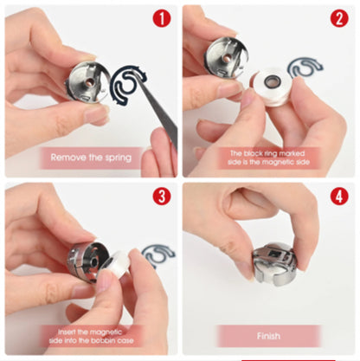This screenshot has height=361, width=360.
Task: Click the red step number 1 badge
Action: click(162, 18)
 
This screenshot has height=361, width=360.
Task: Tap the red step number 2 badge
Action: click(339, 18)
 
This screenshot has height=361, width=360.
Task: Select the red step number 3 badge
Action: click(162, 196)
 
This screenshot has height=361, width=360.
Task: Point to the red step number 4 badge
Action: click(339, 196)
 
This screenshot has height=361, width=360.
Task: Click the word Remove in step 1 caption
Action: click(68, 158)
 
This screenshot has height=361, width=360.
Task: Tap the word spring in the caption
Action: click(118, 158)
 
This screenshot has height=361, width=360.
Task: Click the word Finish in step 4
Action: click(268, 336)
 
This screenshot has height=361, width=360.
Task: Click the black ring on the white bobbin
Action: click(272, 81)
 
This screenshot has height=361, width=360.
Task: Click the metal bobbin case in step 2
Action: click(223, 58)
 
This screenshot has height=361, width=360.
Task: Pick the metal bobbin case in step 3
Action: click(87, 263)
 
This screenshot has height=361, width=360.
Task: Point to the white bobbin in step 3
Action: click(114, 266)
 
